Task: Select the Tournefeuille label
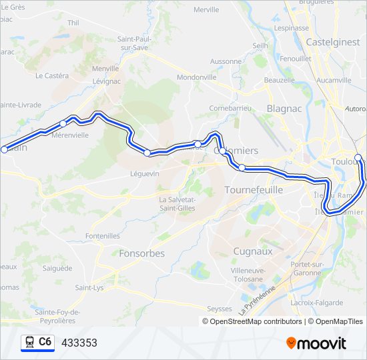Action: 254,190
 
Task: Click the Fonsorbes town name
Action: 141,253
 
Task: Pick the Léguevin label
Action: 145,173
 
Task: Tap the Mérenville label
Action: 69,135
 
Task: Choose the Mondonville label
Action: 197,77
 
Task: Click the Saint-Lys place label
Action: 89,288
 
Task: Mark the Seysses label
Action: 220,309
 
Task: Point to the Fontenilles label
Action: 103,236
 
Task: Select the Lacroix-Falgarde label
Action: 318,303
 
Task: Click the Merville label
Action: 206,10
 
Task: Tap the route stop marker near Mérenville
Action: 63,123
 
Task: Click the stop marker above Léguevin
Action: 147,153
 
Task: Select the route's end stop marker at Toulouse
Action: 358,158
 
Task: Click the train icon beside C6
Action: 29,343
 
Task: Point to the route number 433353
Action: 79,343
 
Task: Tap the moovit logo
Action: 316,343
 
